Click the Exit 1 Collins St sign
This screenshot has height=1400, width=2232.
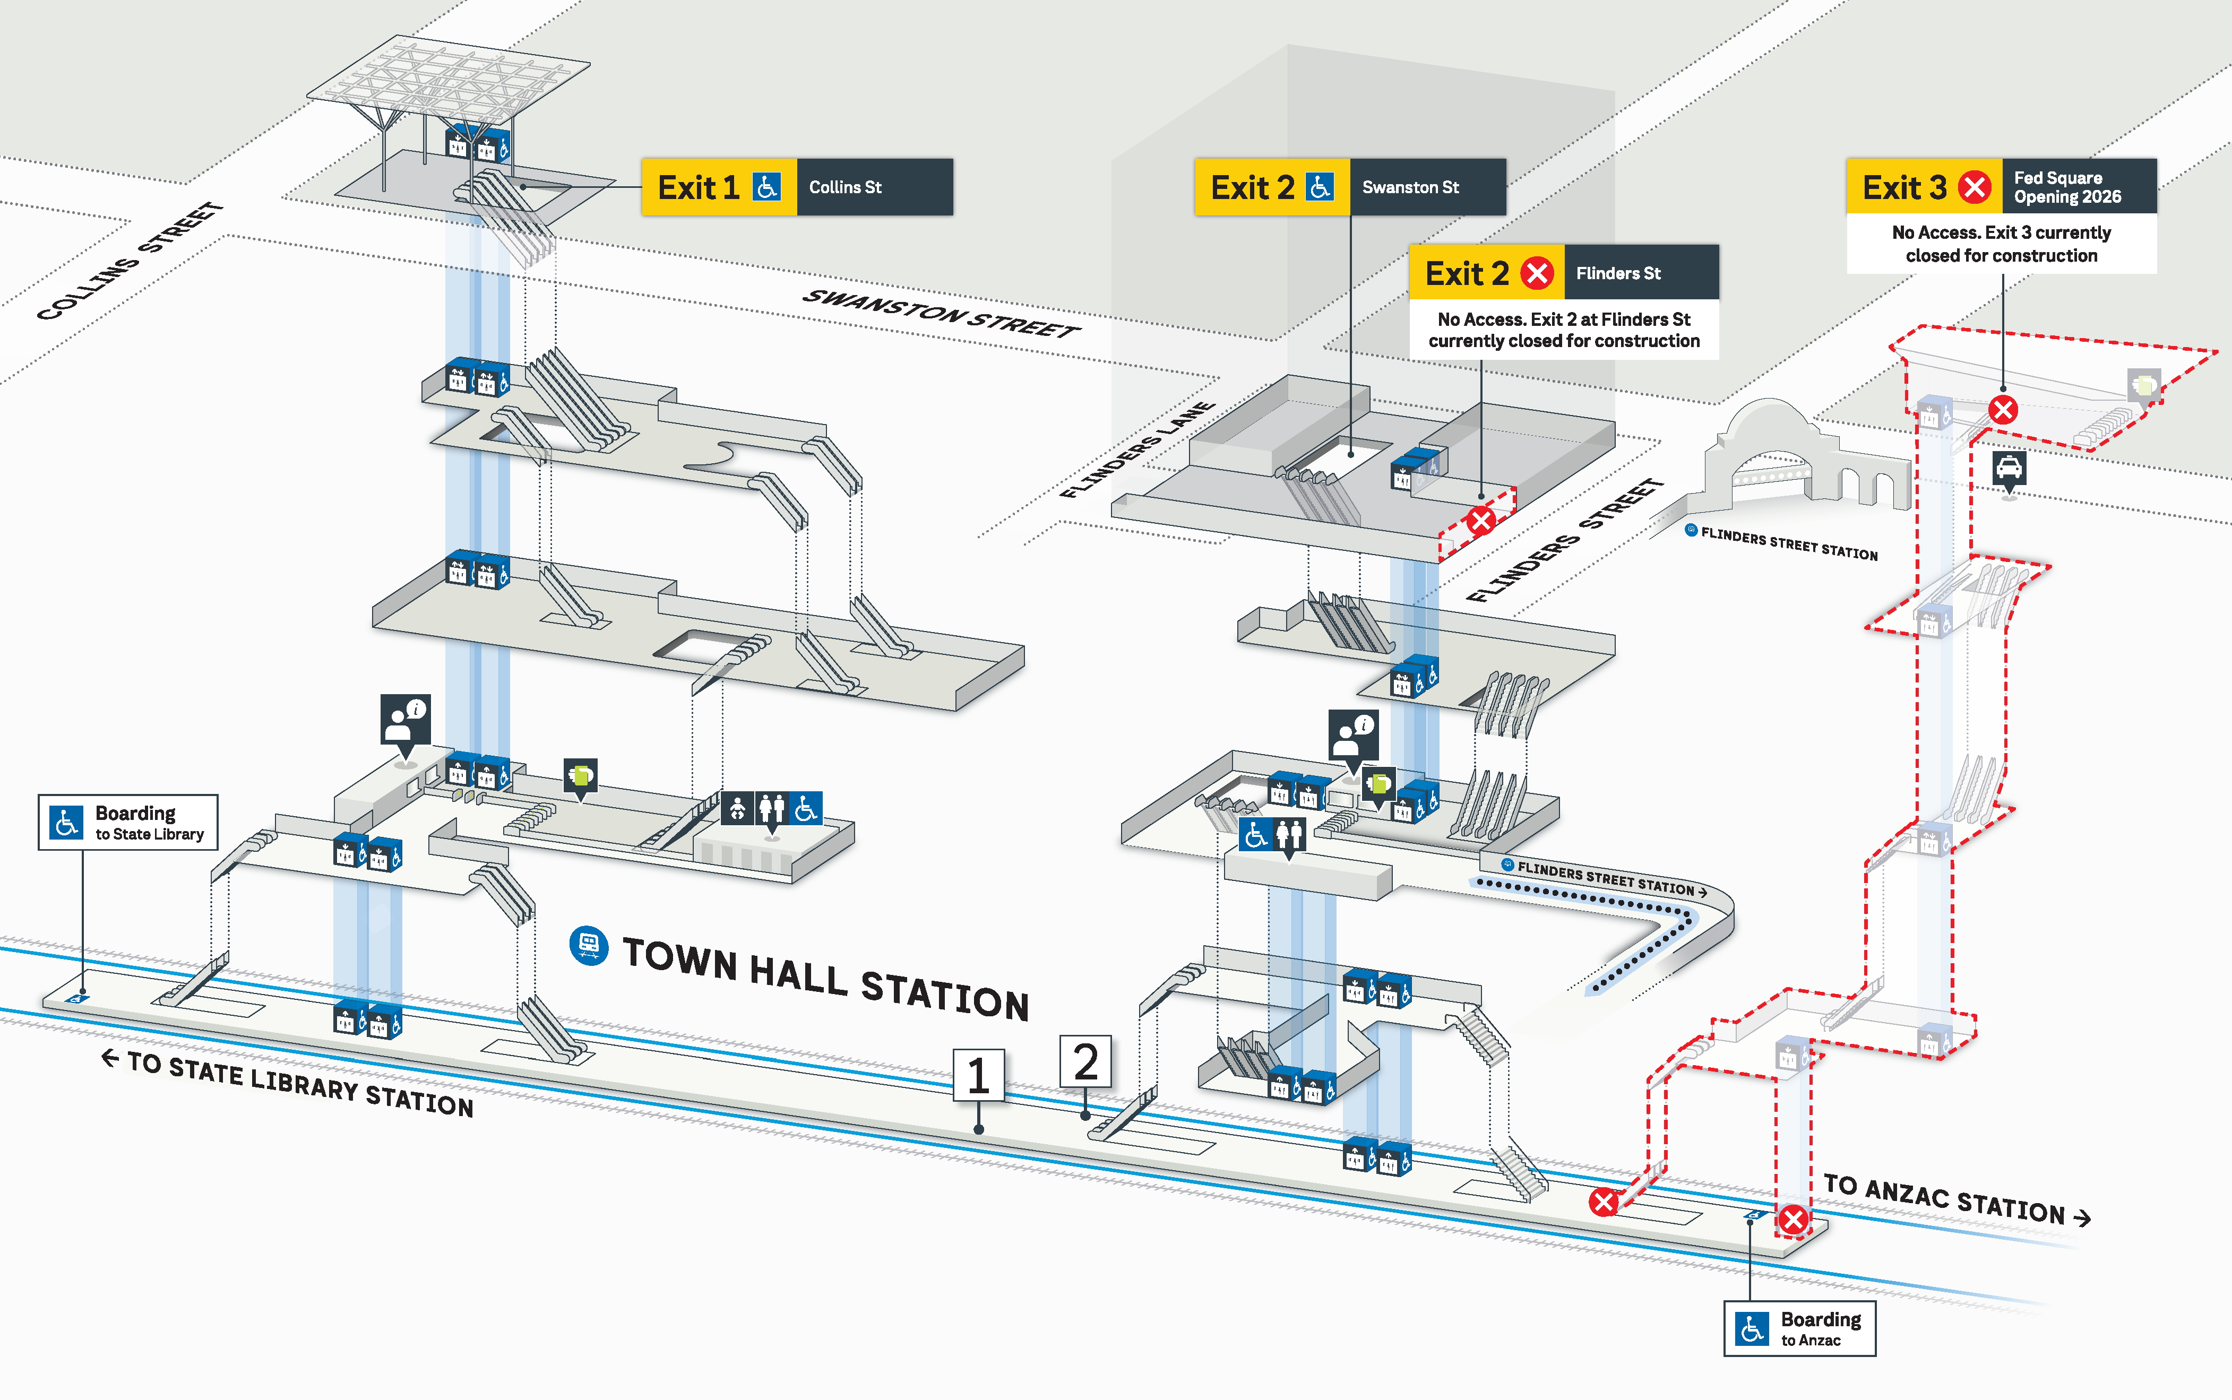point(797,187)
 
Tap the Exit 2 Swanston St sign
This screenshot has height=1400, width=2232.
point(1349,187)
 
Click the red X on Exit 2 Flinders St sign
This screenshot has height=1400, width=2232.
point(1537,273)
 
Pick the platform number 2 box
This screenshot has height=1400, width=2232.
point(1085,1062)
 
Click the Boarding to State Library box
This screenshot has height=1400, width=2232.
point(128,822)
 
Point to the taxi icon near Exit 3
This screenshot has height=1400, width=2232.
point(2008,468)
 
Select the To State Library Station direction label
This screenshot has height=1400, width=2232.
point(287,1083)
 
